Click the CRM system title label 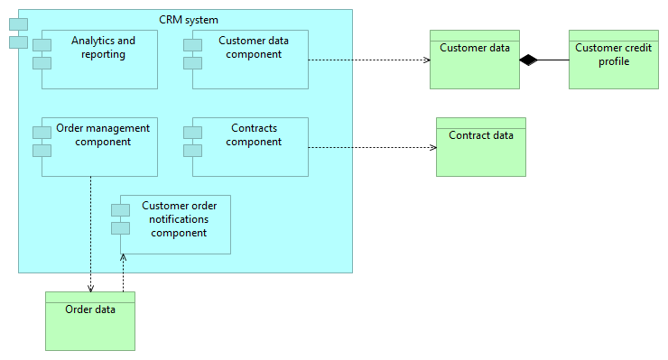(x=188, y=19)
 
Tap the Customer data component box (x=250, y=70)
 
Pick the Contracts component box (x=250, y=155)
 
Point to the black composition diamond (x=528, y=60)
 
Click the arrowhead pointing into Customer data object (x=425, y=60)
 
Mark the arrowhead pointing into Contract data (x=432, y=147)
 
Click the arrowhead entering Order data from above (x=91, y=288)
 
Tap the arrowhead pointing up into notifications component (x=123, y=258)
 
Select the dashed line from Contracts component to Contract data (x=370, y=147)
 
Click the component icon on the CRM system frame (x=18, y=32)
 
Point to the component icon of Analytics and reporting (x=42, y=53)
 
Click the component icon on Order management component (x=42, y=141)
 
